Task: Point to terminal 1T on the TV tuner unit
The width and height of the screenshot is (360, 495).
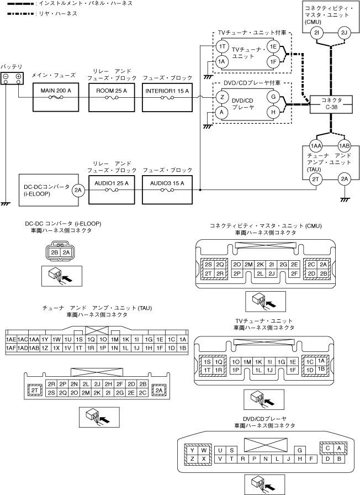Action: [x=221, y=48]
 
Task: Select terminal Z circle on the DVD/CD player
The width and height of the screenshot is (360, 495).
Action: [x=221, y=97]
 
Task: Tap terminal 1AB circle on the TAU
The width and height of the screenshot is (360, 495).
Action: [x=345, y=145]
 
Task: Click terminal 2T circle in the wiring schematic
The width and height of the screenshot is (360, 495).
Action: [x=316, y=179]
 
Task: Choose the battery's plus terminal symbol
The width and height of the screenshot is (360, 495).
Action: [x=18, y=76]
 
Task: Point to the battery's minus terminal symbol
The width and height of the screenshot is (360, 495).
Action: [x=6, y=76]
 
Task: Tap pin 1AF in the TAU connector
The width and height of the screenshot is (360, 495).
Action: [x=10, y=349]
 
